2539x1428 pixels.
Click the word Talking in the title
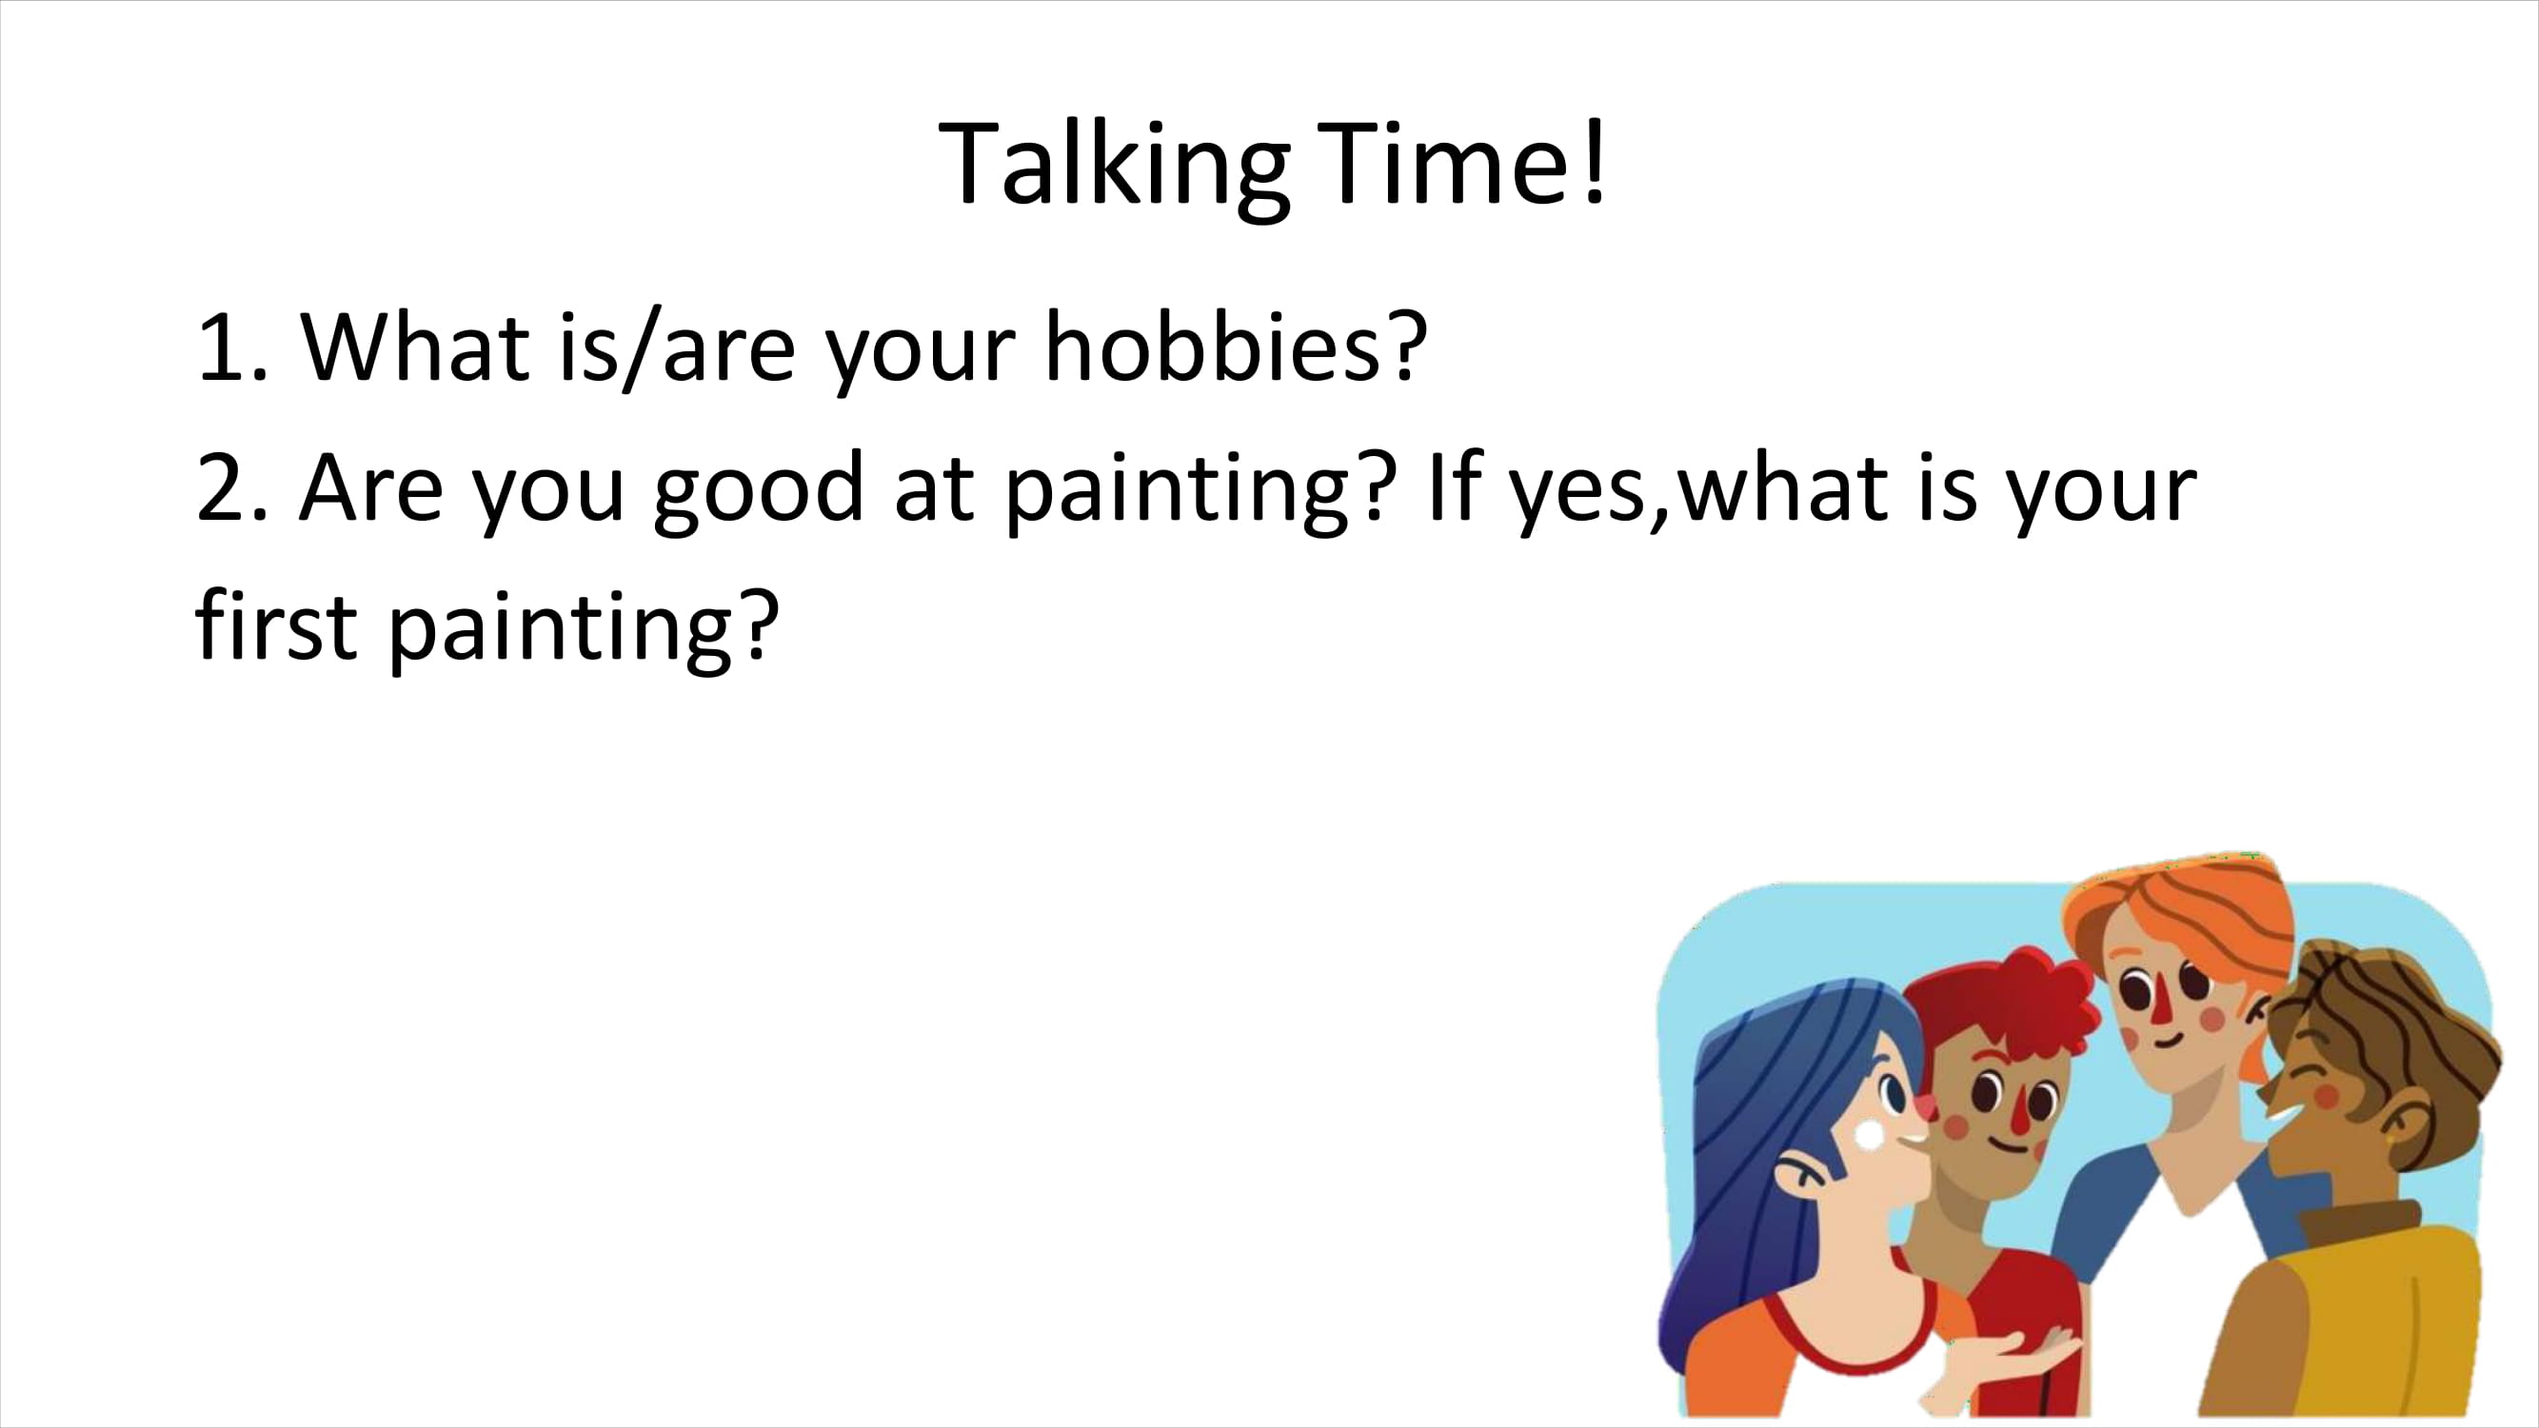[x=1114, y=167]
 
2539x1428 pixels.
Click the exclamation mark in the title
[x=1594, y=163]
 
